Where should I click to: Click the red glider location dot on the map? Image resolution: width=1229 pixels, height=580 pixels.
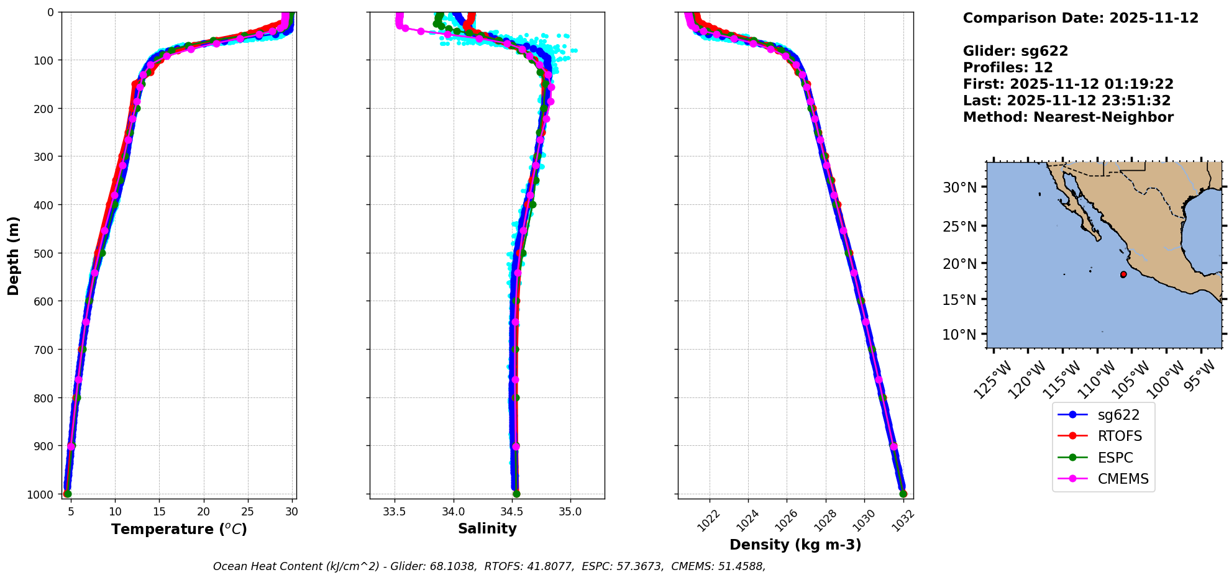[x=1123, y=274]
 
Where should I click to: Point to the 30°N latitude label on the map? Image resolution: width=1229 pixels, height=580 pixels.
[x=959, y=188]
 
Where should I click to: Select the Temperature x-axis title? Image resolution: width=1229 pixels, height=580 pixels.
[x=179, y=529]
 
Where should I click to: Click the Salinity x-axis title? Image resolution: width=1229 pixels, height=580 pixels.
[x=487, y=528]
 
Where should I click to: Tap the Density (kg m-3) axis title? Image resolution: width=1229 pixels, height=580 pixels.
[x=795, y=545]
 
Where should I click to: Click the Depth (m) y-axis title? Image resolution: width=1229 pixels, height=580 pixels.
[x=13, y=255]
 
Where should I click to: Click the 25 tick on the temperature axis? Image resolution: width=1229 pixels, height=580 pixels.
[x=248, y=512]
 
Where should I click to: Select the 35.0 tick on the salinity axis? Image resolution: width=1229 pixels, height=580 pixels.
[x=570, y=512]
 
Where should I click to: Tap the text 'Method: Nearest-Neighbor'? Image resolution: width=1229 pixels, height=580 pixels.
[x=1068, y=117]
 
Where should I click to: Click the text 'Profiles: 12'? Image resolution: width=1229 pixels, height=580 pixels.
[x=1008, y=68]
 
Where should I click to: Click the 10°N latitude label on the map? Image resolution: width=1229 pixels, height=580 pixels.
[x=959, y=335]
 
